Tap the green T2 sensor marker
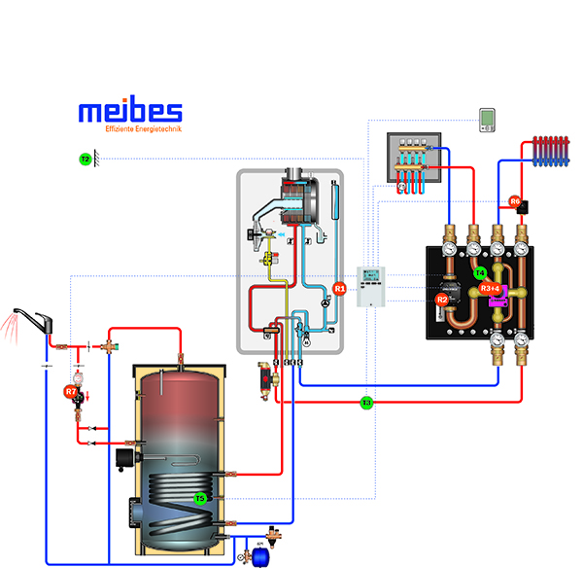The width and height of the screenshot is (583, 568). click(x=85, y=159)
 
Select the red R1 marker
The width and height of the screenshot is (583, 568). click(x=339, y=289)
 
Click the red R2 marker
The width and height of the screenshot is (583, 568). click(x=442, y=301)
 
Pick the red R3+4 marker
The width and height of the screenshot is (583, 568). click(x=490, y=289)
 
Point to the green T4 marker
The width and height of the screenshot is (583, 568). click(x=480, y=273)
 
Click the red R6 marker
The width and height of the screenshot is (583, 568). click(x=515, y=202)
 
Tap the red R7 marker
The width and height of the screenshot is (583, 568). click(x=70, y=392)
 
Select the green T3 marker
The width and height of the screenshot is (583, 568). click(x=366, y=402)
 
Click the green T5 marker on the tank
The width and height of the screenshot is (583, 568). click(x=200, y=499)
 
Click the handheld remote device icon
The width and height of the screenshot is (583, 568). click(x=487, y=120)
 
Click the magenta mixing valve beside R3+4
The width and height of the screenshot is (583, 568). click(x=498, y=302)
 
